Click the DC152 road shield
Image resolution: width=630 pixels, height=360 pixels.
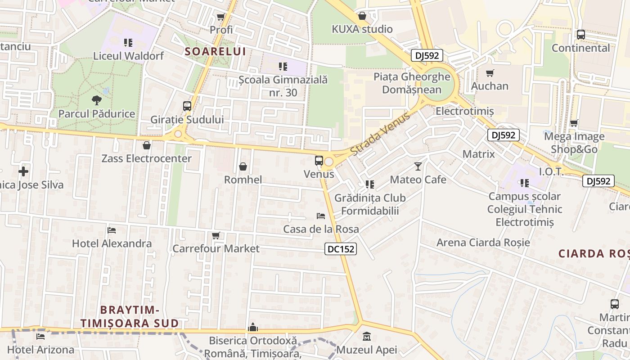click(341, 249)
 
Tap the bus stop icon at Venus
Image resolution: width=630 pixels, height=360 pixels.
click(319, 160)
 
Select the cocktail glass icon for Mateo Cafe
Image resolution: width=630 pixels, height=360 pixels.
click(418, 166)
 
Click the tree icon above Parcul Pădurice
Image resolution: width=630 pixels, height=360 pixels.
click(96, 100)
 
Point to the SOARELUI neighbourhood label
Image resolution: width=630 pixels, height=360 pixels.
click(216, 52)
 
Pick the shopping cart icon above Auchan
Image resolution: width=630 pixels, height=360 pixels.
click(490, 72)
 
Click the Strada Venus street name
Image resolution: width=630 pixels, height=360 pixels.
click(380, 134)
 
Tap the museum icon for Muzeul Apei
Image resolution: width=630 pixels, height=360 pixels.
click(367, 336)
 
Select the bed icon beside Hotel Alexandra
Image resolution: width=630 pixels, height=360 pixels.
click(112, 230)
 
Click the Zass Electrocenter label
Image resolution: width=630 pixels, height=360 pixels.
click(147, 158)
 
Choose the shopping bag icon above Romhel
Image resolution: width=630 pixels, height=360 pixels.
click(243, 166)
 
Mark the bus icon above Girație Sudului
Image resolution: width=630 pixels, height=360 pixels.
click(187, 106)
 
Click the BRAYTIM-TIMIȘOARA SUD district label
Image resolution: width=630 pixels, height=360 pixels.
click(130, 316)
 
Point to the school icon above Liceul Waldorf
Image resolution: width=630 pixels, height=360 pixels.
click(128, 43)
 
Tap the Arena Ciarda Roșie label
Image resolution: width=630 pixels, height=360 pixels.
click(483, 243)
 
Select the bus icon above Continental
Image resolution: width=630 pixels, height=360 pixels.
click(580, 34)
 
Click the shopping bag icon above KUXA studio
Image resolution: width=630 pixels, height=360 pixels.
click(362, 16)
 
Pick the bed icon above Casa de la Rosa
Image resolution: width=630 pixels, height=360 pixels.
click(321, 216)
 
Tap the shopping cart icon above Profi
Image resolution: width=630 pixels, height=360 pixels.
click(221, 17)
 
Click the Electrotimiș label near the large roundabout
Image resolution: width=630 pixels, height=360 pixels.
click(465, 111)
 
